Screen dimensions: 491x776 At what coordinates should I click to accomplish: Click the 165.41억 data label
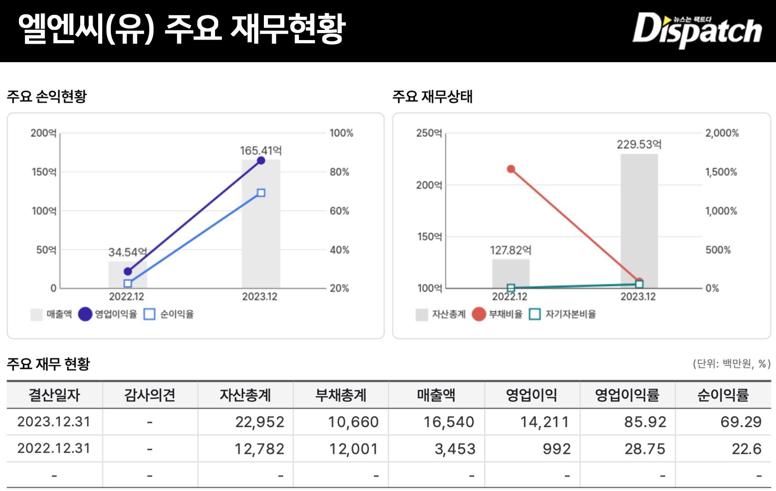(261, 151)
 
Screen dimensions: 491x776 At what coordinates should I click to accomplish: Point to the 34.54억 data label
(128, 252)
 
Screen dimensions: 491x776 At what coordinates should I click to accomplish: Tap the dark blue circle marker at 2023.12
(261, 160)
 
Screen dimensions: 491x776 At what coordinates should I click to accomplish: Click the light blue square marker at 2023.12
(261, 193)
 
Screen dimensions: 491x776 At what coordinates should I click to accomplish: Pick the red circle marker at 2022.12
(511, 169)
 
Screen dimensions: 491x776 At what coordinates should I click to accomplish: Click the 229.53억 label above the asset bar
(639, 145)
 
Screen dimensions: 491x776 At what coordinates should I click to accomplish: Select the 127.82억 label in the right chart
(510, 250)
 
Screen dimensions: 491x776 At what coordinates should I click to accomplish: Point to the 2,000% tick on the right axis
(722, 133)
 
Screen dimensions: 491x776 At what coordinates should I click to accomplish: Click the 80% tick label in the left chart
(339, 172)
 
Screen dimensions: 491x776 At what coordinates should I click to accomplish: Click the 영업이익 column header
(531, 395)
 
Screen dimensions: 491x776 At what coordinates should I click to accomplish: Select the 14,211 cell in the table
(544, 422)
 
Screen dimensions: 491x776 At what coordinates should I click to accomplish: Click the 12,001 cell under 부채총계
(353, 449)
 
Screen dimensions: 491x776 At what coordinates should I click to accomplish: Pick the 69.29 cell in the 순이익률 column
(741, 422)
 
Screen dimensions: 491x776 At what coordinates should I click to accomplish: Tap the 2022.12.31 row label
(54, 449)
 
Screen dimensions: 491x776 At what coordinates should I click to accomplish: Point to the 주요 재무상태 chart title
(432, 97)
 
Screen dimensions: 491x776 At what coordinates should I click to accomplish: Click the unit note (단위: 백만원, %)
(731, 364)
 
